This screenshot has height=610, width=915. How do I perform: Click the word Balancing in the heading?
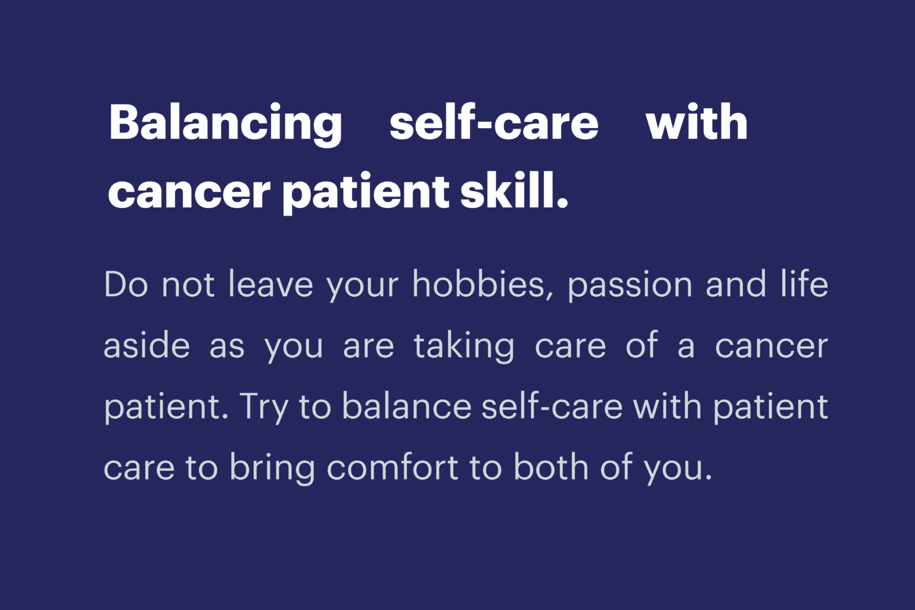[x=225, y=125]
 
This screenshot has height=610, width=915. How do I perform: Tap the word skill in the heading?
[x=514, y=190]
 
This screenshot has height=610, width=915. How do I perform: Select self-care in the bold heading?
[x=494, y=122]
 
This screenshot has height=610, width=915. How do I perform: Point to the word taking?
[x=464, y=347]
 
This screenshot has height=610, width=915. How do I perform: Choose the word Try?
[x=264, y=407]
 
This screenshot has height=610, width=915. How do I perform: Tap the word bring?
[x=272, y=469]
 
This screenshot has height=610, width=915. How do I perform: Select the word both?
[x=551, y=466]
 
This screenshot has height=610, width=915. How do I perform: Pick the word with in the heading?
[x=697, y=122]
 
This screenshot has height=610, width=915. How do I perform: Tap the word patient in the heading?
[x=366, y=192]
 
